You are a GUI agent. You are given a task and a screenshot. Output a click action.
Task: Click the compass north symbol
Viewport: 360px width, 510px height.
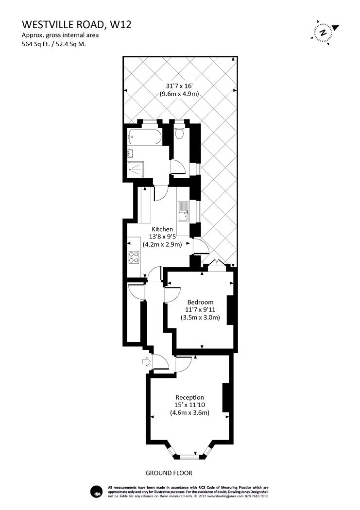tap(324, 32)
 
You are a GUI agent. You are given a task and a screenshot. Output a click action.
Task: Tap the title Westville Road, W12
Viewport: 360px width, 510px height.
tap(77, 25)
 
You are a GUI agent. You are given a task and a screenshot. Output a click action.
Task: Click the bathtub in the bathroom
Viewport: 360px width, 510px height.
tap(144, 136)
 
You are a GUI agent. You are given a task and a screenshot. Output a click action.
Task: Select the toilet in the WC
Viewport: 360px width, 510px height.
tap(179, 133)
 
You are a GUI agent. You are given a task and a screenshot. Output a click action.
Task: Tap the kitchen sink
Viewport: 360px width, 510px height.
tap(184, 211)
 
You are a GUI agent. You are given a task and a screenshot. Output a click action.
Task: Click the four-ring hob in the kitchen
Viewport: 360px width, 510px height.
tap(134, 257)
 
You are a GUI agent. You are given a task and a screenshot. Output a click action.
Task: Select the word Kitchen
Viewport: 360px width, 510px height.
tap(162, 229)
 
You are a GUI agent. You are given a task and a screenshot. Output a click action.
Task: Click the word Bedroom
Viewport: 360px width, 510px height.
tap(200, 302)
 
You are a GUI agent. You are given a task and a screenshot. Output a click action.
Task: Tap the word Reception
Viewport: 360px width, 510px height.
tap(189, 397)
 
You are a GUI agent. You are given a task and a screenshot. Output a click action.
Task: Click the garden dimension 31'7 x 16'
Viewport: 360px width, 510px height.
tap(179, 86)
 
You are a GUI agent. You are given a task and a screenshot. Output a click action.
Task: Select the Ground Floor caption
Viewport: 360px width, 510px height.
tap(169, 473)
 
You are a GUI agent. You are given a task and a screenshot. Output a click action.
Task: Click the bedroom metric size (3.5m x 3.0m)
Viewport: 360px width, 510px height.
tap(200, 318)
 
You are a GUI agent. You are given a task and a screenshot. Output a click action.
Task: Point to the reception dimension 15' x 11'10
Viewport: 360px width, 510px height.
tap(189, 405)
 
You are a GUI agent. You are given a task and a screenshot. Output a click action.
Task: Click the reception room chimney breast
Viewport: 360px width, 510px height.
tap(225, 397)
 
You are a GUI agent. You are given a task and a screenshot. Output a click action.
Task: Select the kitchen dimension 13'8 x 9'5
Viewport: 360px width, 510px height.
tap(162, 237)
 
